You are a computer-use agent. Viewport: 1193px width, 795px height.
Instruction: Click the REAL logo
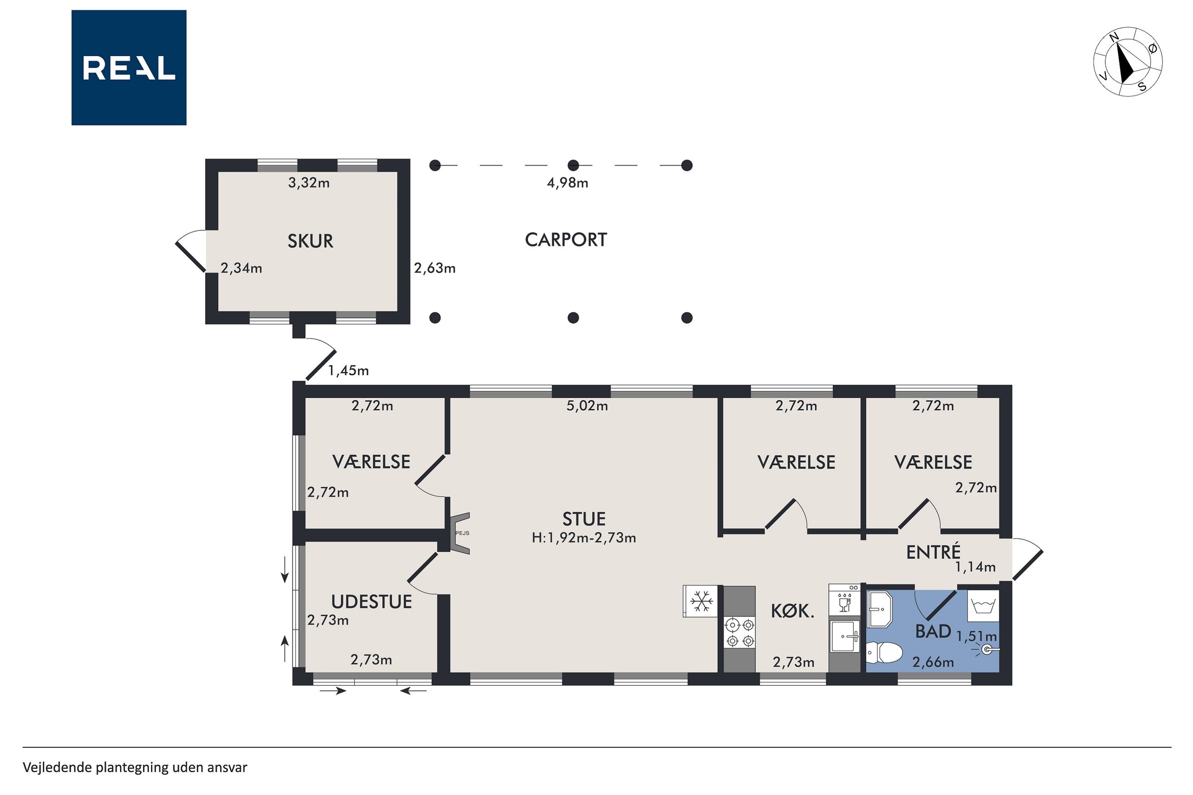129,67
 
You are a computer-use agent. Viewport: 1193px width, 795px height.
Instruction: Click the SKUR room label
310,241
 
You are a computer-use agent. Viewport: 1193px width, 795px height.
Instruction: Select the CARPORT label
566,240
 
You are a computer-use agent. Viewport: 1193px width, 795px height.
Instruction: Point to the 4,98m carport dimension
567,183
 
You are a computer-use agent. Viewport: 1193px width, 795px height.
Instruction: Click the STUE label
584,519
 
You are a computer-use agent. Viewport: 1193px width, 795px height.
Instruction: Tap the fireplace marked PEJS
460,534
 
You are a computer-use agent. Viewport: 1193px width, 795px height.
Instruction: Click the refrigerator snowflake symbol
702,601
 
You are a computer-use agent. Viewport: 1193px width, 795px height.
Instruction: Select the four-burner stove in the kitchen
740,633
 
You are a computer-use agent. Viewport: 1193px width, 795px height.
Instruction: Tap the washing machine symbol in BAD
983,606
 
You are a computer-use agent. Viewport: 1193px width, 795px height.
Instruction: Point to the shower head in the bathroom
986,650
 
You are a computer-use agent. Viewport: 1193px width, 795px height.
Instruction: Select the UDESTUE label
371,602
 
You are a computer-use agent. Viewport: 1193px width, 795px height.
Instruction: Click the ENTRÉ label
933,552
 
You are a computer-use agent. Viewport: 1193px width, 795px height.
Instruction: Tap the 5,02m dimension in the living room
587,406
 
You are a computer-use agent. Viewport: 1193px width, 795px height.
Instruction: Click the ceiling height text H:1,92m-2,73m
584,538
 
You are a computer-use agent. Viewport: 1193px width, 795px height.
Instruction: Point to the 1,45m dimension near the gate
348,371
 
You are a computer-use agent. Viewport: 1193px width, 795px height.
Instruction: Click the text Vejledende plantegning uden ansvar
135,767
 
